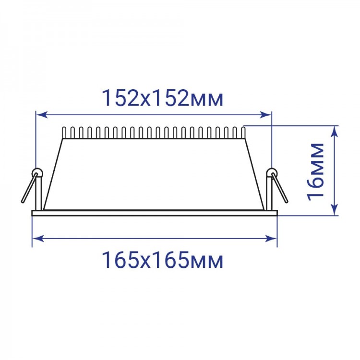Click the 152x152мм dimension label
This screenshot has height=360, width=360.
(x=163, y=98)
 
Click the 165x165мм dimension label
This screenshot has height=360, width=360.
(x=163, y=260)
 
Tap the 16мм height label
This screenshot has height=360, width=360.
(x=316, y=172)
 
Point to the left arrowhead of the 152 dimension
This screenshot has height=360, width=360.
(x=42, y=115)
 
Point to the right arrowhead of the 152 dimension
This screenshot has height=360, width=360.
(x=266, y=115)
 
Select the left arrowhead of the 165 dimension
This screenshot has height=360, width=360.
(x=38, y=239)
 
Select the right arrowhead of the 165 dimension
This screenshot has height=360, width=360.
(x=271, y=239)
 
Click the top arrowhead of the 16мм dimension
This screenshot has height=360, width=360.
(x=336, y=132)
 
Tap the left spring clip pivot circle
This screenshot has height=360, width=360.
(x=37, y=172)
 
